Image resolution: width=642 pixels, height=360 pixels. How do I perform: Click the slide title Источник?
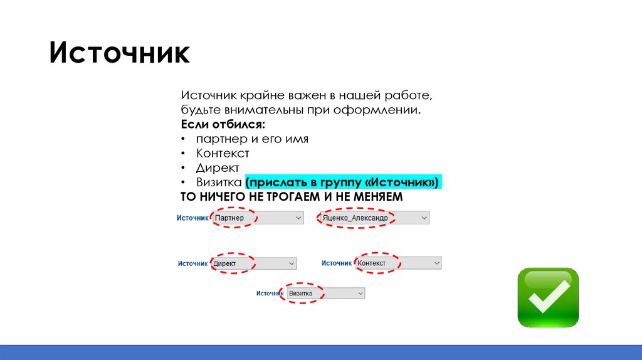(119, 53)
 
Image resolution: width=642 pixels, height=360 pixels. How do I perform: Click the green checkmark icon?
(548, 297)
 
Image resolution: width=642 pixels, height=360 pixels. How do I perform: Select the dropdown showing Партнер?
(257, 218)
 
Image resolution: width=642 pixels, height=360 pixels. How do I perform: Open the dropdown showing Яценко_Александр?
(374, 218)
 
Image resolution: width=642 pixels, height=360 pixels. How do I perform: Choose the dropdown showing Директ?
(253, 263)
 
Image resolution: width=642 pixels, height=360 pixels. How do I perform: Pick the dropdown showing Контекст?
(399, 263)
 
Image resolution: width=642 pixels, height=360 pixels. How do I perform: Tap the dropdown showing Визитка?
(325, 293)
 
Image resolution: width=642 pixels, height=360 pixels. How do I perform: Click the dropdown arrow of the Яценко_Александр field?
(424, 218)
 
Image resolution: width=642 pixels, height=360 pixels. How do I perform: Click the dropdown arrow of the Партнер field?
(298, 218)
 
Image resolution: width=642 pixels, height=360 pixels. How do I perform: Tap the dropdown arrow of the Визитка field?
(360, 293)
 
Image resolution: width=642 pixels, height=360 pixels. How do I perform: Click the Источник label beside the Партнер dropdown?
(192, 218)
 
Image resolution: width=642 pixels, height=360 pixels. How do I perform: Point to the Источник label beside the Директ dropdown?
(192, 263)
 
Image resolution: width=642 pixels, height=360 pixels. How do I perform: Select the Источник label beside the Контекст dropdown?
(337, 263)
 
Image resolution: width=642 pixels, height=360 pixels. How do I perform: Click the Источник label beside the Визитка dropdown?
(271, 293)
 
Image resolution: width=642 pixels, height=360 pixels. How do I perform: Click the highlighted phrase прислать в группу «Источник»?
(344, 182)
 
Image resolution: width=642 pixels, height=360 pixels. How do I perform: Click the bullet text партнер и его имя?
(251, 139)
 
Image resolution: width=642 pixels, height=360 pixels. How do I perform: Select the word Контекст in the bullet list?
(223, 153)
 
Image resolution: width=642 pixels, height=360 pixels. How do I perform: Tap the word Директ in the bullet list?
(218, 167)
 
